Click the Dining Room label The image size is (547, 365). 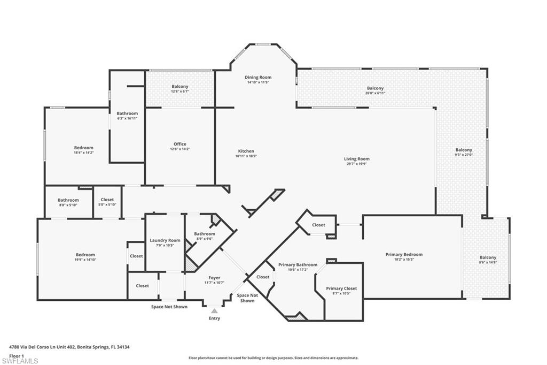(x=258, y=78)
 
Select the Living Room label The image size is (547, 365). (x=356, y=159)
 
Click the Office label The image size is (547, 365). (x=179, y=144)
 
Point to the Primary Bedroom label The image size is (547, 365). (x=404, y=254)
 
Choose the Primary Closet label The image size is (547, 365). (x=341, y=288)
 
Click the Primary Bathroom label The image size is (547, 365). (x=298, y=265)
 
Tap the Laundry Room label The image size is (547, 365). (x=165, y=240)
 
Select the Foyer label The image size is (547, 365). (x=215, y=278)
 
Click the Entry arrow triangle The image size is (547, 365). (x=214, y=310)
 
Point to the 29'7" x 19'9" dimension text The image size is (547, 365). (x=356, y=164)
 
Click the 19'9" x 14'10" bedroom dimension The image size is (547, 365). (x=85, y=260)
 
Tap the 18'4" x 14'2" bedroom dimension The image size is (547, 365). (x=83, y=153)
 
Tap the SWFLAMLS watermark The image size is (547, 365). (x=20, y=361)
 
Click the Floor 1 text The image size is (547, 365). (x=17, y=355)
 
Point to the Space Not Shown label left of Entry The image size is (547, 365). (x=169, y=307)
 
